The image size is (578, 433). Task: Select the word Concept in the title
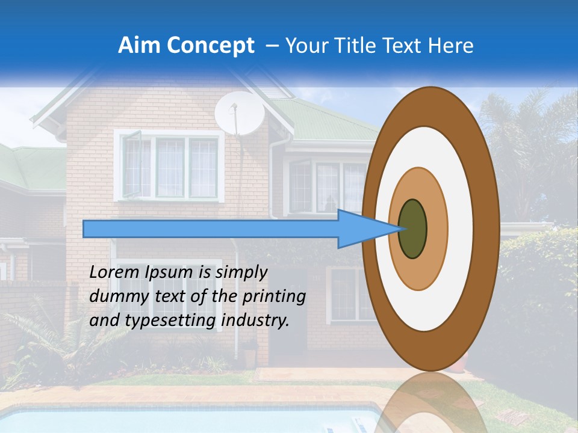click(210, 46)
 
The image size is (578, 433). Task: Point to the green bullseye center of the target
click(412, 229)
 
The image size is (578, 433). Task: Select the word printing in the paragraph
click(278, 296)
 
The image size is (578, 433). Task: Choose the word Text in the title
click(403, 46)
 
